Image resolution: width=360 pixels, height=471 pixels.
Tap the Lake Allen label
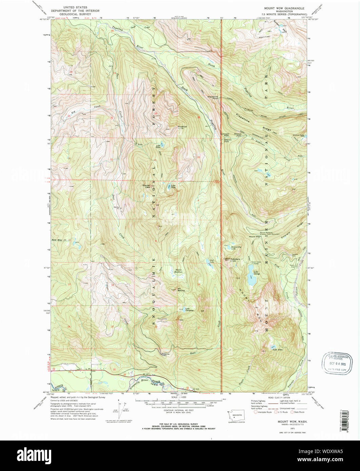[x=278, y=350]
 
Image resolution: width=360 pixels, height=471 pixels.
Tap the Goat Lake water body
[x=207, y=261]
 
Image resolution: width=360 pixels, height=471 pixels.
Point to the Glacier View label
[x=146, y=186]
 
